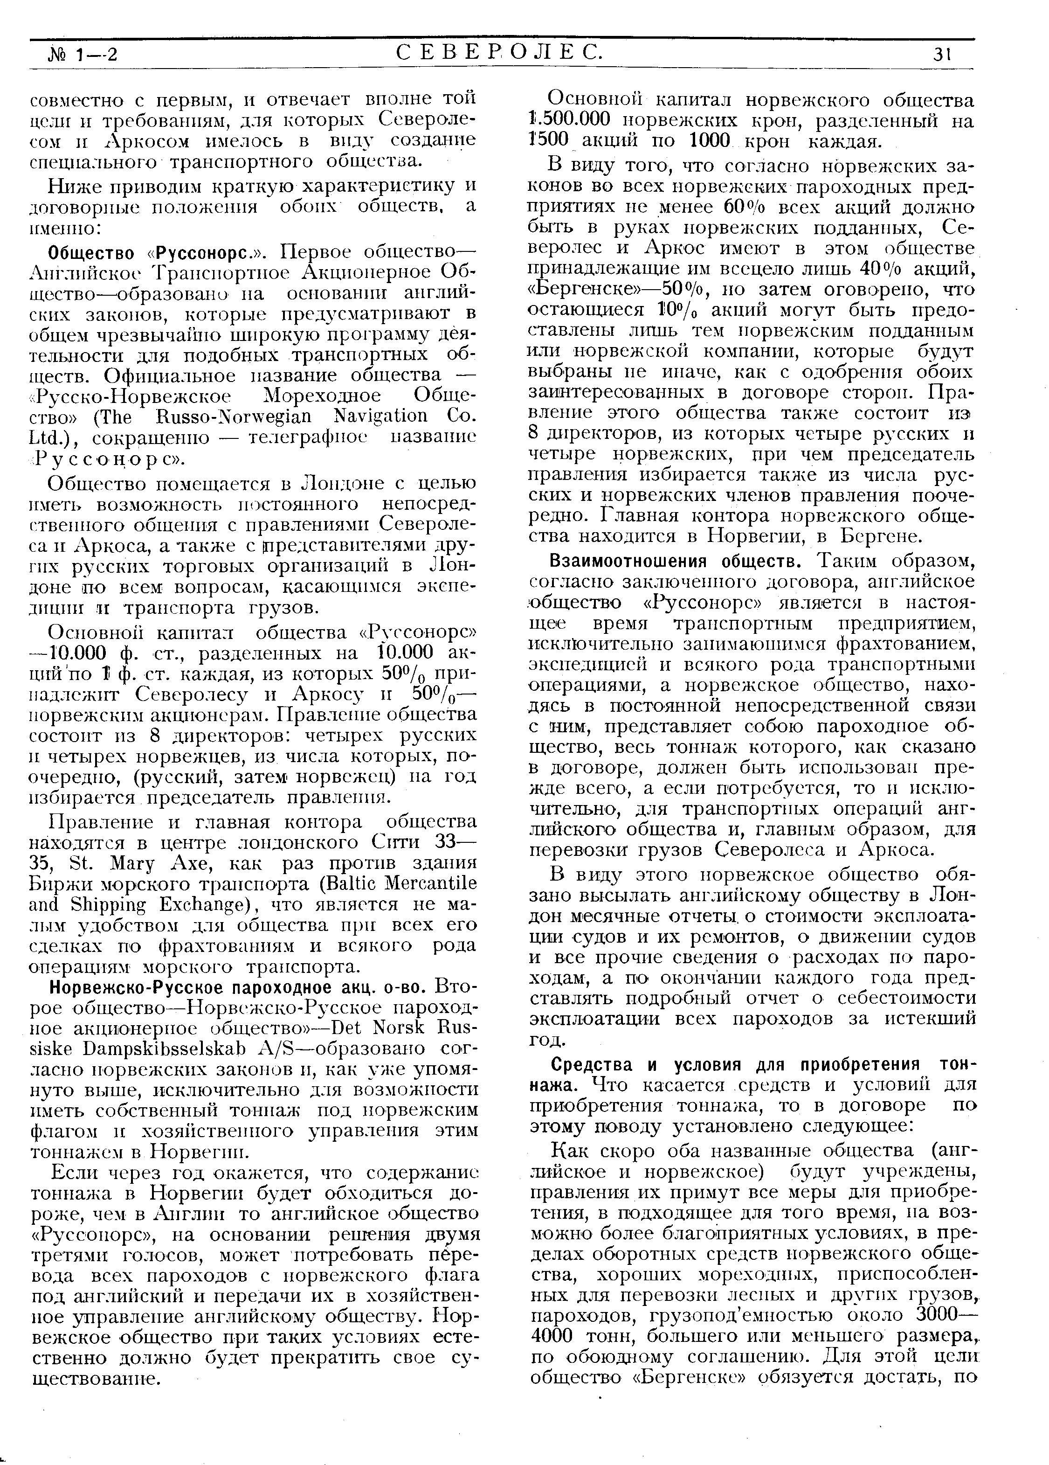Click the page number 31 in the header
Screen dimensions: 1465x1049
[942, 55]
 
